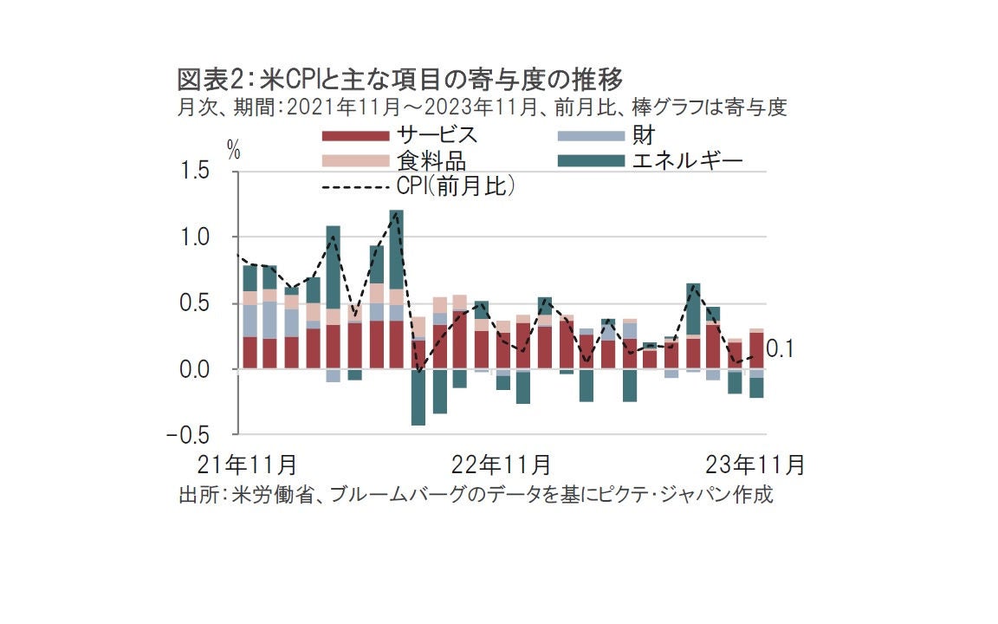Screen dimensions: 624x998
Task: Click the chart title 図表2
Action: (213, 81)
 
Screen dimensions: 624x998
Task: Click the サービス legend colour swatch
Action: (354, 135)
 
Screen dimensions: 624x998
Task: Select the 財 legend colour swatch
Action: (591, 135)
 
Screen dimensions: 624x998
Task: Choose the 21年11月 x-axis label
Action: (248, 465)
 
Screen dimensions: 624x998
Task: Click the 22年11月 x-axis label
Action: (502, 465)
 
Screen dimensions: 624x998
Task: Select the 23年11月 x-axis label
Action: (756, 465)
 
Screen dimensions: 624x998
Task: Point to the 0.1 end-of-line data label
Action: (782, 349)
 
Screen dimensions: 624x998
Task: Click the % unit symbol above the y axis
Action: (234, 148)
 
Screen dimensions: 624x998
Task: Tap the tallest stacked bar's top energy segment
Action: (396, 250)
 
